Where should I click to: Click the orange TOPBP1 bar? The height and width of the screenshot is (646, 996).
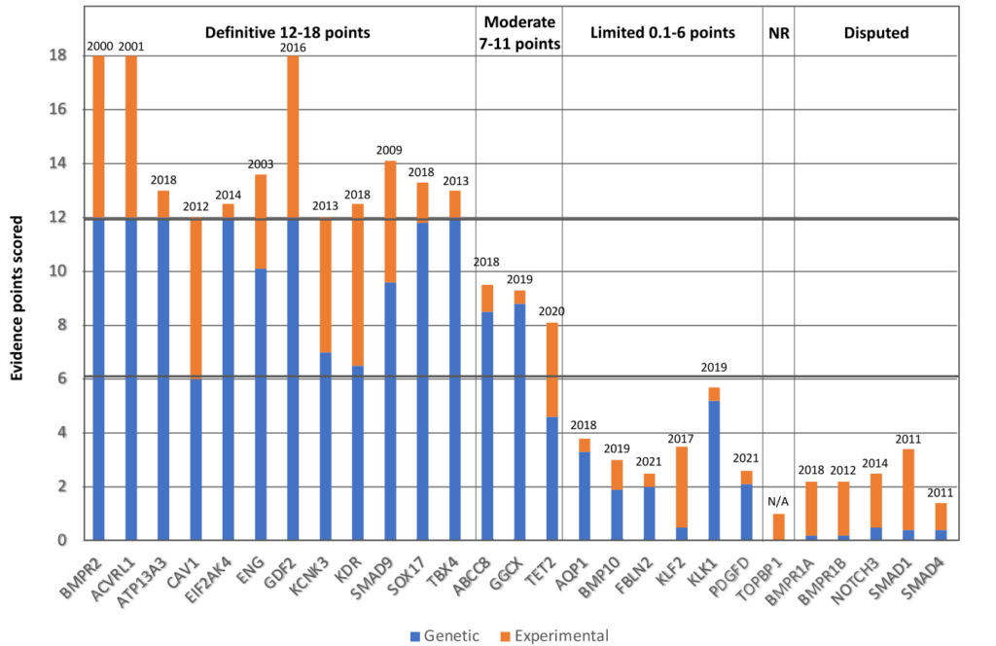click(x=779, y=526)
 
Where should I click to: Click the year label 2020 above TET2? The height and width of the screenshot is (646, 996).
click(x=552, y=311)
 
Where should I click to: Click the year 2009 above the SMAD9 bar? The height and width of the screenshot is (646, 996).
click(x=390, y=150)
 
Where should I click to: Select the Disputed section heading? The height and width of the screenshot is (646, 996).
click(x=875, y=33)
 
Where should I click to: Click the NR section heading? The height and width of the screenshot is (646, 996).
click(x=778, y=33)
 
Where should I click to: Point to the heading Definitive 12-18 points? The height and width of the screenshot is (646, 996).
click(x=287, y=33)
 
